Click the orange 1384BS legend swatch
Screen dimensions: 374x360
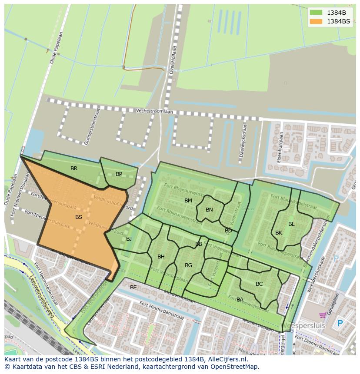pos(316,21)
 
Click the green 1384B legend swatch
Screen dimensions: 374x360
pos(316,13)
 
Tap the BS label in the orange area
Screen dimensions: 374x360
pos(79,217)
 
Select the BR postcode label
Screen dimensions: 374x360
pos(74,169)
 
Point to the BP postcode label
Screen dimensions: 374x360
pos(119,174)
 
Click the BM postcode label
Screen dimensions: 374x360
pos(188,201)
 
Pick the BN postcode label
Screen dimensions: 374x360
pos(209,210)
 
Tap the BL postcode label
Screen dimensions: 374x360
pos(291,224)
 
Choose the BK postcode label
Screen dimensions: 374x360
pos(279,233)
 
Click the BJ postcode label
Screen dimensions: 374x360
pos(129,239)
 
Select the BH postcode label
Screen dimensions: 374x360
pos(161,257)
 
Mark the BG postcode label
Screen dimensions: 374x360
pos(188,265)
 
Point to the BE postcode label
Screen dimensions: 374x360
pos(133,288)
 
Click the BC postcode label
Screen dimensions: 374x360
pos(259,284)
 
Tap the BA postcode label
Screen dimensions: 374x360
pos(240,300)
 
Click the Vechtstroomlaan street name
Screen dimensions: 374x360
pos(154,111)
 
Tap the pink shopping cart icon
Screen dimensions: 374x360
pos(323,315)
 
